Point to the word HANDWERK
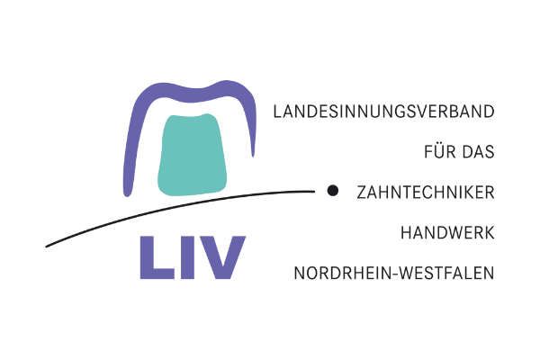point(448,231)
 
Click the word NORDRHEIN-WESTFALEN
point(394,272)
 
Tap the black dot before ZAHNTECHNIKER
point(332,190)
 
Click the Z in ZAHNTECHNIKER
point(361,192)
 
